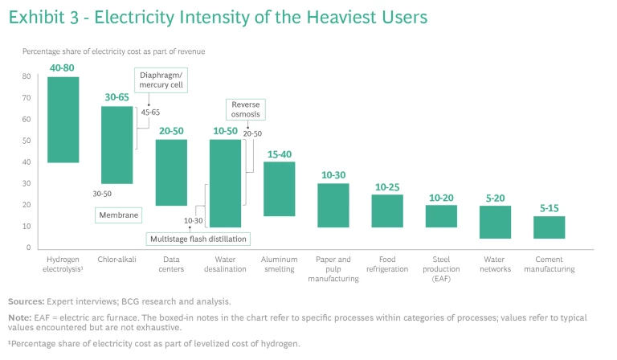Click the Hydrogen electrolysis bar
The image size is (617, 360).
point(63,120)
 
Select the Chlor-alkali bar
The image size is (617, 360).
point(117,145)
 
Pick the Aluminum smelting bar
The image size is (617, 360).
point(280,189)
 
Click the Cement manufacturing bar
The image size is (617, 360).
point(550,227)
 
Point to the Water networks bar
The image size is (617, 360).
point(496,223)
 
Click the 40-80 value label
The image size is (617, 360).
point(63,69)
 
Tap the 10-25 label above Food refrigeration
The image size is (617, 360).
point(387,187)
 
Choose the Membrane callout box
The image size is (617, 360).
point(116,215)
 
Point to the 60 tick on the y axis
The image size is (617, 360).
point(27,120)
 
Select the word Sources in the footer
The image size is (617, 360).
point(27,301)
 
